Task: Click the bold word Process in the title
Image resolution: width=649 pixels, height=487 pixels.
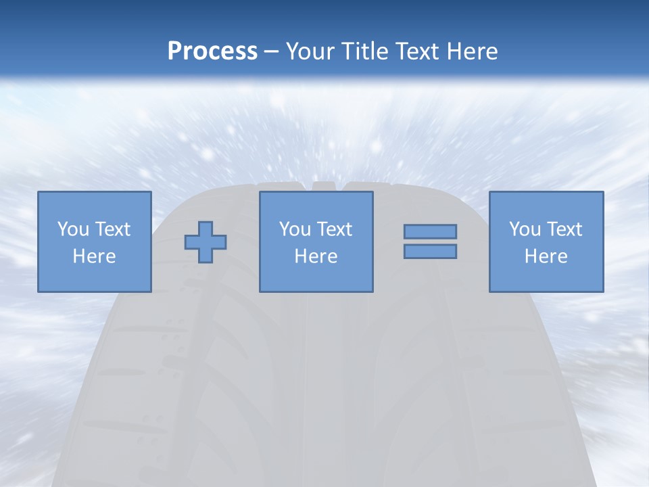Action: pos(212,51)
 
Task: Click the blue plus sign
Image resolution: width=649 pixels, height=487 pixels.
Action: pos(206,242)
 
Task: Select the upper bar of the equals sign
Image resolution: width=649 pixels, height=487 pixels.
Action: pos(430,231)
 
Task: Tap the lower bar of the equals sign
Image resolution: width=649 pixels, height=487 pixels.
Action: pos(430,251)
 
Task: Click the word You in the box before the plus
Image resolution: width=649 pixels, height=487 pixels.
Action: pos(72,229)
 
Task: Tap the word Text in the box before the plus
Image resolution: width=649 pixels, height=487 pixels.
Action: pos(112,229)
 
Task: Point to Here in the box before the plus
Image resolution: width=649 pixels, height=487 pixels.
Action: pos(94,256)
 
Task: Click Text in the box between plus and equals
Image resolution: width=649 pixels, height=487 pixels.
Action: pos(333,229)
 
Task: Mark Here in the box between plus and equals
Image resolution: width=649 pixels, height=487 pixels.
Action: pos(316,256)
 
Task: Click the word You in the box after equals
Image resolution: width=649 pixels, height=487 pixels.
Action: pos(524,229)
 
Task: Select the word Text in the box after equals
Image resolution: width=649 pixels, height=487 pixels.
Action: pos(563,229)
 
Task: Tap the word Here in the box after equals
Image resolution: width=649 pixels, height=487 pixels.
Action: pos(546,256)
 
